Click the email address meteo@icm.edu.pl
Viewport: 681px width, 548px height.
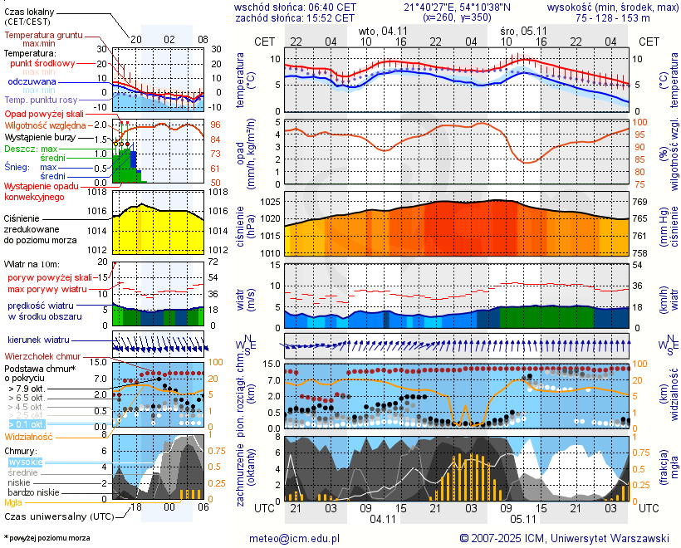pyautogui.click(x=294, y=538)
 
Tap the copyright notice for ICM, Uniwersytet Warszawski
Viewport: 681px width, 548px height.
pyautogui.click(x=564, y=538)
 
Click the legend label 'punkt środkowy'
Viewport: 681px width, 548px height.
pyautogui.click(x=43, y=63)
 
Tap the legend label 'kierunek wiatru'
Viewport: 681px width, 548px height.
pyautogui.click(x=38, y=340)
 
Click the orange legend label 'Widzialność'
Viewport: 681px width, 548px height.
pyautogui.click(x=29, y=436)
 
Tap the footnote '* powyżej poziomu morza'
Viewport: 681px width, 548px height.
pyautogui.click(x=47, y=538)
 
